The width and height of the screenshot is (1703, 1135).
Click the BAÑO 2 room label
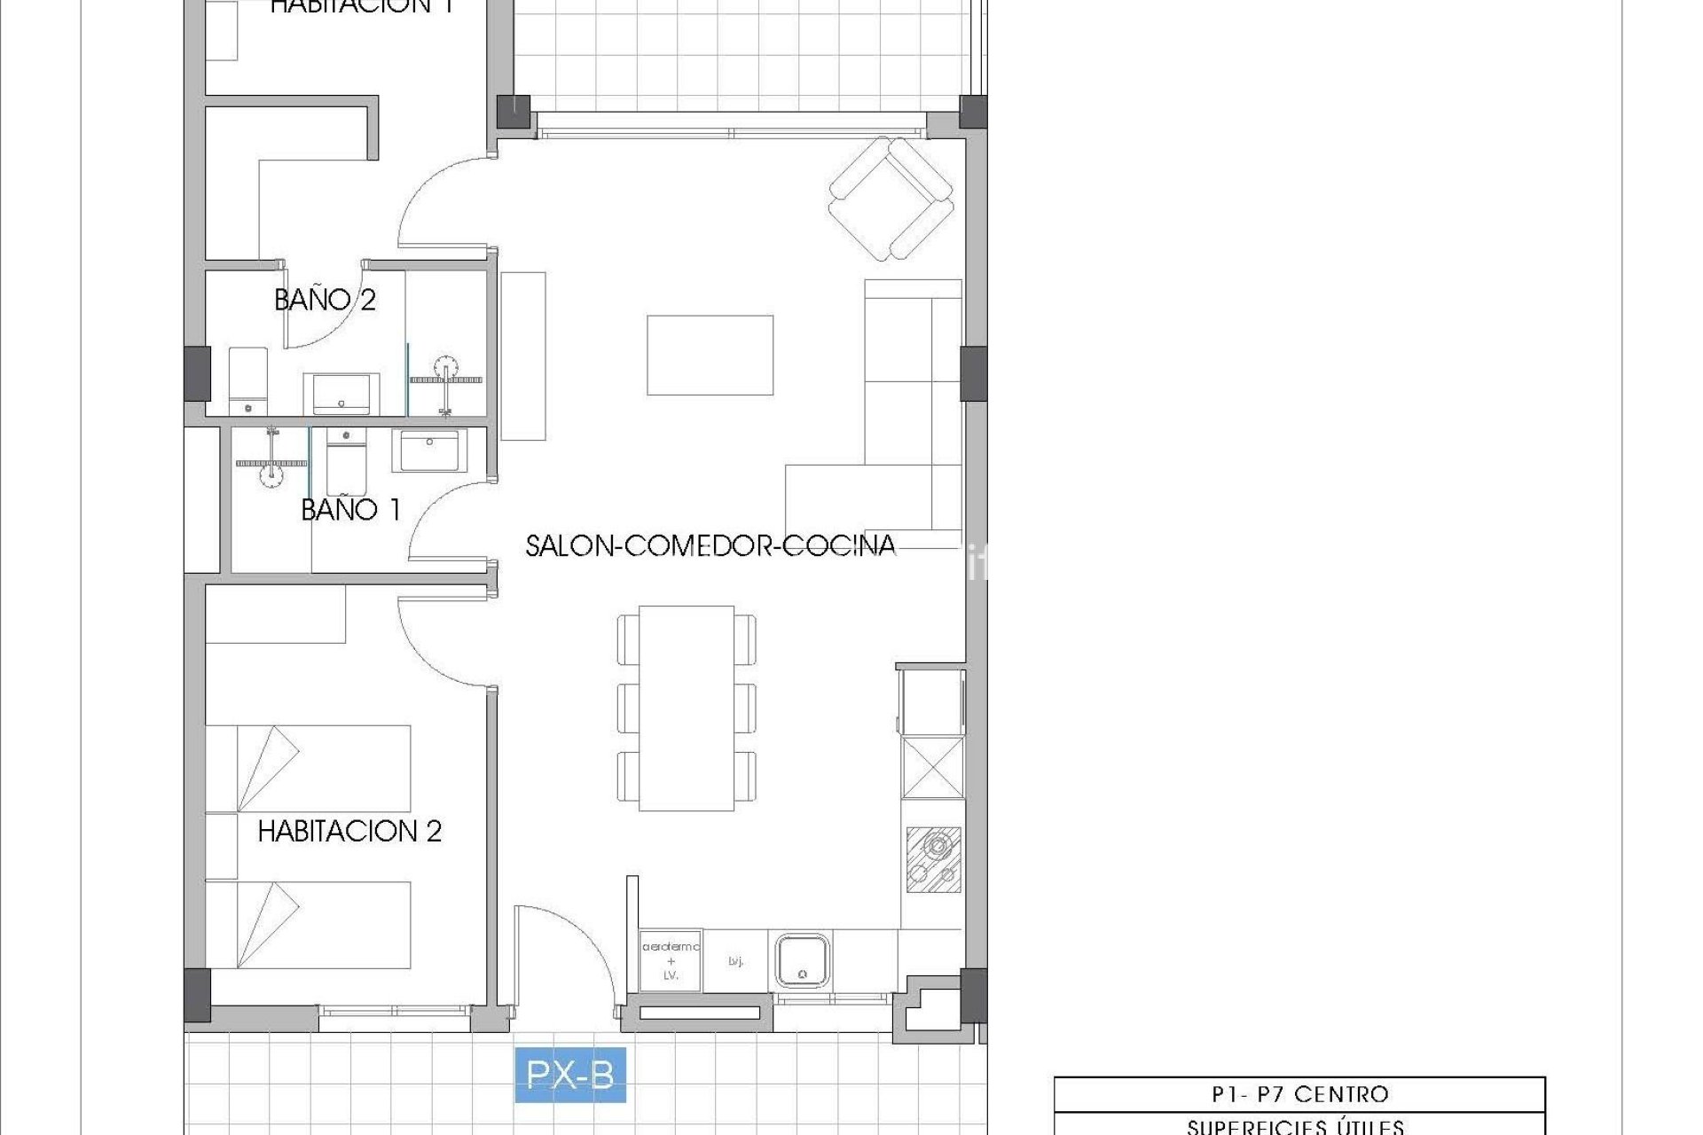click(x=325, y=300)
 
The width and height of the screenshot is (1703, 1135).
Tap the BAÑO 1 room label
click(x=350, y=510)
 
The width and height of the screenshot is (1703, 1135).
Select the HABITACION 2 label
click(x=349, y=831)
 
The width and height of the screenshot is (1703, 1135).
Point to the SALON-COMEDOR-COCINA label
click(x=710, y=545)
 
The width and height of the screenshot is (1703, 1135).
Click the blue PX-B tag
click(x=570, y=1075)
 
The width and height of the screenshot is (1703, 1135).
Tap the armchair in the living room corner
click(x=891, y=199)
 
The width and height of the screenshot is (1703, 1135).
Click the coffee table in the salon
click(x=710, y=355)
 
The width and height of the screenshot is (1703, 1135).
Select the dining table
click(x=686, y=708)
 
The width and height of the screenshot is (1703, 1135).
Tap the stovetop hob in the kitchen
click(x=933, y=859)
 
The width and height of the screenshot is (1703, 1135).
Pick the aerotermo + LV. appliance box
click(x=671, y=960)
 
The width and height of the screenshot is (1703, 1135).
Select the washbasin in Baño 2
click(x=341, y=394)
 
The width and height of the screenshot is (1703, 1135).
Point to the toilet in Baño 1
click(x=345, y=461)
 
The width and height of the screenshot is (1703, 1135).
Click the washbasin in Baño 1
click(x=429, y=450)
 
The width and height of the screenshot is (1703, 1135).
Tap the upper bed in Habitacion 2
click(x=309, y=768)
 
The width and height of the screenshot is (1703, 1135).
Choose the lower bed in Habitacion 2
click(x=309, y=924)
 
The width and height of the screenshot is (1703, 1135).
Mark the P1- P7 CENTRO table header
click(x=1299, y=1094)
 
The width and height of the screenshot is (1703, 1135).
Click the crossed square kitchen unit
click(x=933, y=768)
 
